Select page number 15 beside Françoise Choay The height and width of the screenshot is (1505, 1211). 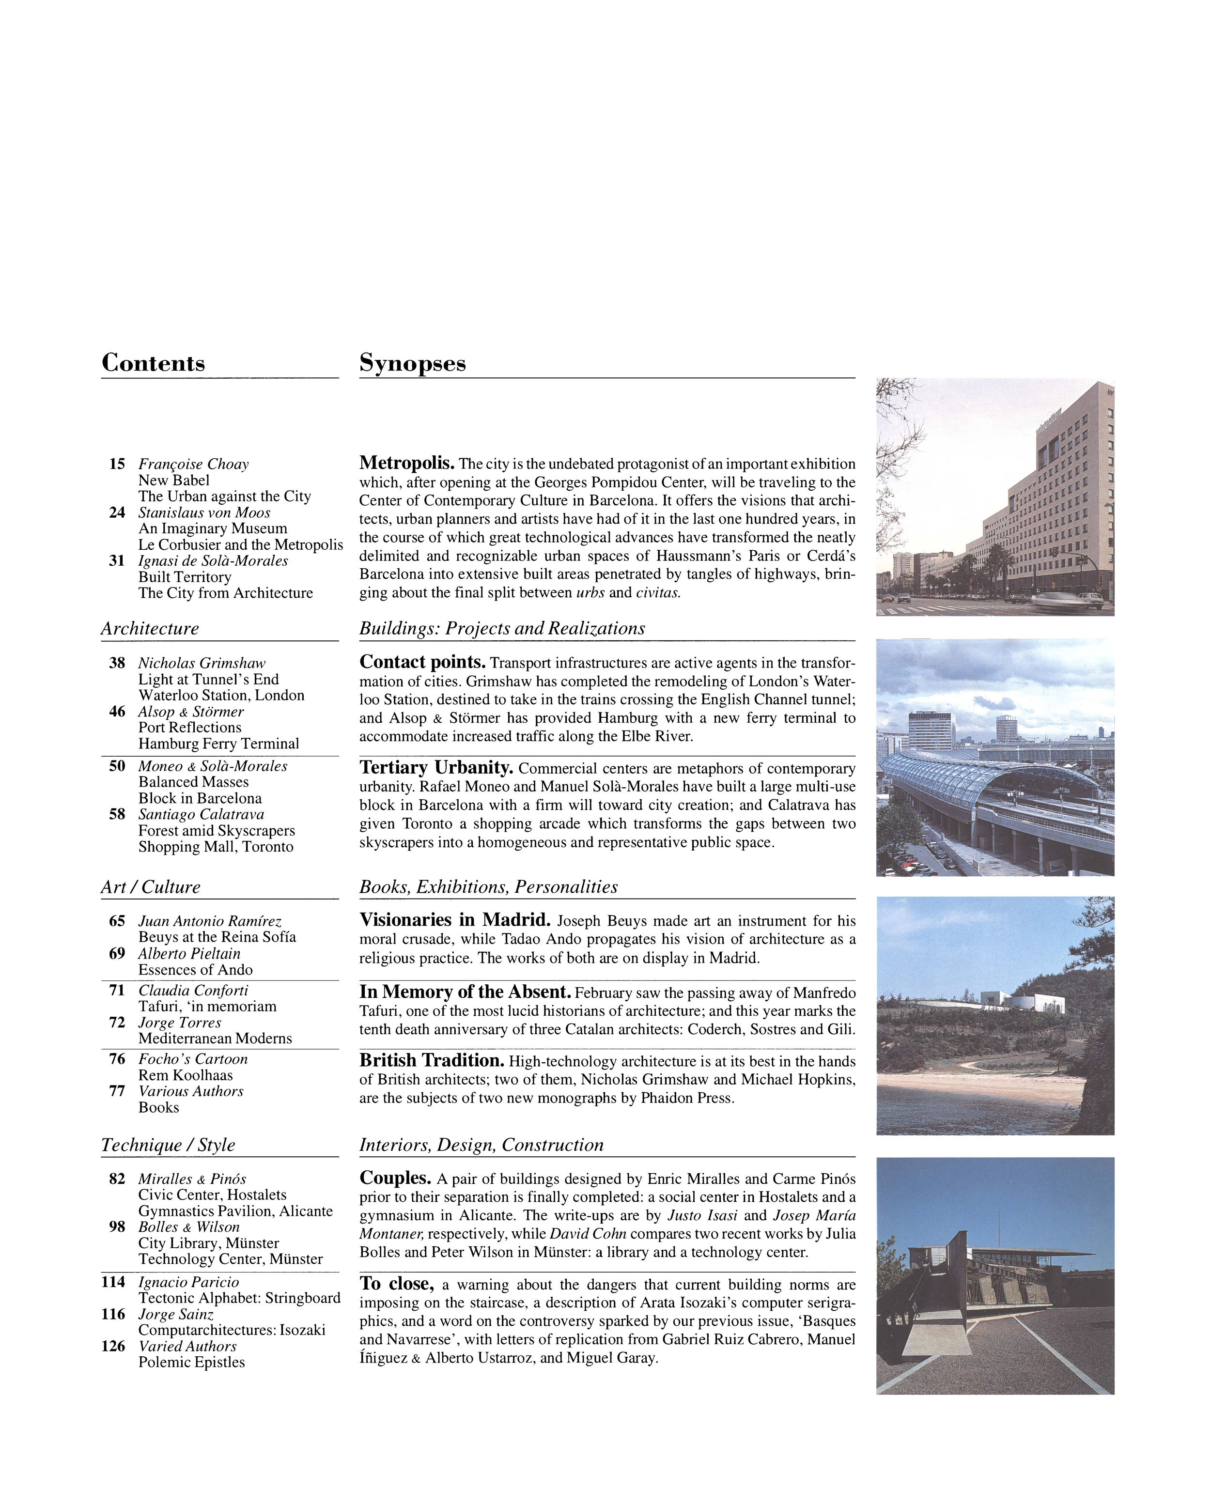pos(117,464)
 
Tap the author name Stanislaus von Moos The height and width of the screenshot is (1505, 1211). pos(204,512)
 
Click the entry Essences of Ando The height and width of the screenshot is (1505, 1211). pos(195,970)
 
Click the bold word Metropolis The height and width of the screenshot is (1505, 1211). pos(407,463)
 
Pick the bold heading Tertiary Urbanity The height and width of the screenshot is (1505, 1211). pos(436,768)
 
